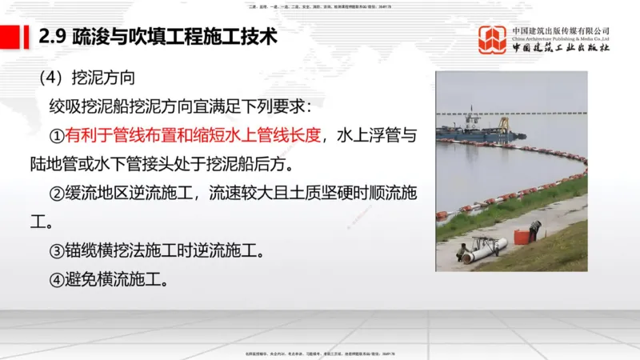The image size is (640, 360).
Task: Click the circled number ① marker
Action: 57,134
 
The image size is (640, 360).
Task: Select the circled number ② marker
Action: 57,194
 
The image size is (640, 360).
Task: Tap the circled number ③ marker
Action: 57,251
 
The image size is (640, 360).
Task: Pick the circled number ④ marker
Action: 57,280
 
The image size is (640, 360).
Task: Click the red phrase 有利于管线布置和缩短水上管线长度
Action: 193,134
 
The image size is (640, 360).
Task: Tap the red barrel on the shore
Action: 521,235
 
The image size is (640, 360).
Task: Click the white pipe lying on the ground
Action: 483,247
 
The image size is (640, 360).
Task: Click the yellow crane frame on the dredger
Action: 502,123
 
